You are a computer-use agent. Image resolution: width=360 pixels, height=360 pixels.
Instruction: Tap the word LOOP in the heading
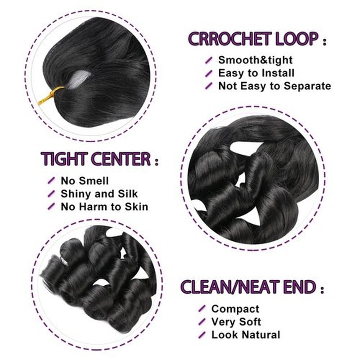[297, 39]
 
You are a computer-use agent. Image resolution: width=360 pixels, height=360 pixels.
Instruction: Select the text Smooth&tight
[255, 60]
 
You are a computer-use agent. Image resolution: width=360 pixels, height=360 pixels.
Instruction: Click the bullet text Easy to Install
[256, 73]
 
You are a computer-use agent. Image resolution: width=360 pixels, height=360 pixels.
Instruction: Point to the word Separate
[307, 86]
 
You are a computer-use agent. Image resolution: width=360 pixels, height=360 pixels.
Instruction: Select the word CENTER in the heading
[121, 159]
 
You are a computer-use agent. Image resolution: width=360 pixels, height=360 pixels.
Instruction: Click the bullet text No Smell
[85, 181]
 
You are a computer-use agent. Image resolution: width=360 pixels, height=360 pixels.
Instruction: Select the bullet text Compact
[235, 309]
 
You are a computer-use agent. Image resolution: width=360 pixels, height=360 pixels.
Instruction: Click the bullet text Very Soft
[236, 322]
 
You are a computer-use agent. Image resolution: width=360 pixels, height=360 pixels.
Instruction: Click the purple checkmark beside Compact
[202, 309]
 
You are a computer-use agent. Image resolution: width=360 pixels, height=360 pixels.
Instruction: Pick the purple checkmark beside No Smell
[51, 180]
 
